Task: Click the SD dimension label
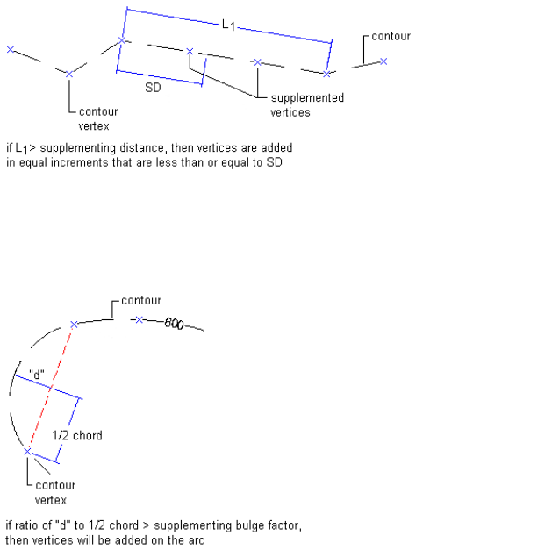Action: tap(153, 89)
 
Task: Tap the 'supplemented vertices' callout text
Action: tap(306, 105)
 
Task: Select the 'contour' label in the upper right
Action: tap(391, 37)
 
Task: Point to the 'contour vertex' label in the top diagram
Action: tap(97, 118)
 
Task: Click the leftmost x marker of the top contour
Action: tap(11, 50)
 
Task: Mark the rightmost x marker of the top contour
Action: tap(383, 61)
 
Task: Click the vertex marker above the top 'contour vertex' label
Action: tap(69, 74)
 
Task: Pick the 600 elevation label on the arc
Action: tap(173, 325)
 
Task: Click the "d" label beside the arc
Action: tap(37, 373)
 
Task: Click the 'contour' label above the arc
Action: tap(140, 301)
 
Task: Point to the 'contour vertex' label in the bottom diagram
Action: tap(54, 492)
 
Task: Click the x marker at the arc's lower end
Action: tap(27, 451)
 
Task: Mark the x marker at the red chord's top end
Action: tap(74, 325)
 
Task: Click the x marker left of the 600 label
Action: tap(140, 319)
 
